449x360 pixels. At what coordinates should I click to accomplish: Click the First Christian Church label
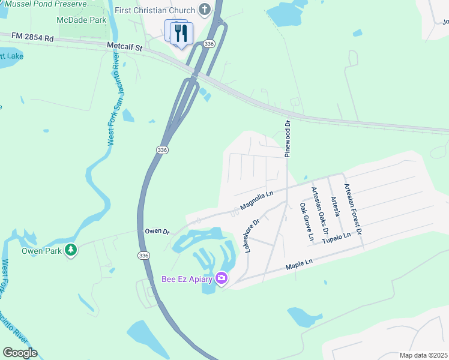click(x=155, y=10)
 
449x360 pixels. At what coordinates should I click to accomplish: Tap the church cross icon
click(x=205, y=10)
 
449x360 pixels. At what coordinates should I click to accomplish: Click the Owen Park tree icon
click(x=71, y=249)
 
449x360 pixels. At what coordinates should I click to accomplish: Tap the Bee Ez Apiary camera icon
click(x=221, y=278)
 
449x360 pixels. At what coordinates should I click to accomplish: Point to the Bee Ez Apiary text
click(x=188, y=278)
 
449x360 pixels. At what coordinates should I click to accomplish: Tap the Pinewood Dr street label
click(x=288, y=138)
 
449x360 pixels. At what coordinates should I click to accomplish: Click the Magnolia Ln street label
click(x=256, y=200)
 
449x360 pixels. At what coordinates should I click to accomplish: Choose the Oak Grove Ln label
click(x=306, y=221)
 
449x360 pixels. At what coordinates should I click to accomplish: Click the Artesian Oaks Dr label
click(x=320, y=210)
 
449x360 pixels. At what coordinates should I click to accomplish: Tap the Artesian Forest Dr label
click(x=352, y=208)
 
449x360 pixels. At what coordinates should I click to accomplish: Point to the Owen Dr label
click(x=157, y=231)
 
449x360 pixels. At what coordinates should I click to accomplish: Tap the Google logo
click(x=20, y=353)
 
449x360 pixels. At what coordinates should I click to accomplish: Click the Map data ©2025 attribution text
click(x=423, y=355)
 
